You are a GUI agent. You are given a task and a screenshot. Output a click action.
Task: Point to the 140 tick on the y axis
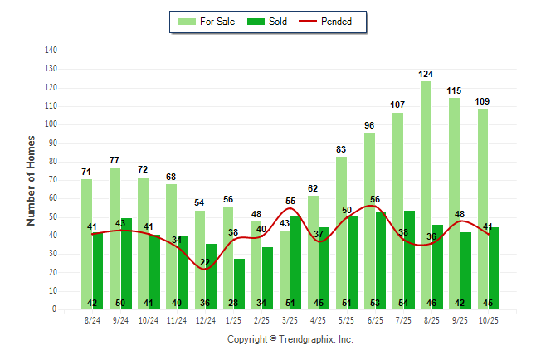[51, 50]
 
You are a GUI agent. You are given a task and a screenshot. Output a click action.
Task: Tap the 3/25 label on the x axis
[290, 319]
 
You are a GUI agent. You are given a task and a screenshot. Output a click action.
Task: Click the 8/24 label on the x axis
[92, 319]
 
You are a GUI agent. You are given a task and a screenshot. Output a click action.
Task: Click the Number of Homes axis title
[31, 180]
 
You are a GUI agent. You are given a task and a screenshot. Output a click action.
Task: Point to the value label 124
[426, 75]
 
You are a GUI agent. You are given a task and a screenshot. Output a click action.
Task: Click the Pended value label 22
[205, 263]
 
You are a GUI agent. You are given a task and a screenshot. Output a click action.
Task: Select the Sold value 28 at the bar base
[233, 303]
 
